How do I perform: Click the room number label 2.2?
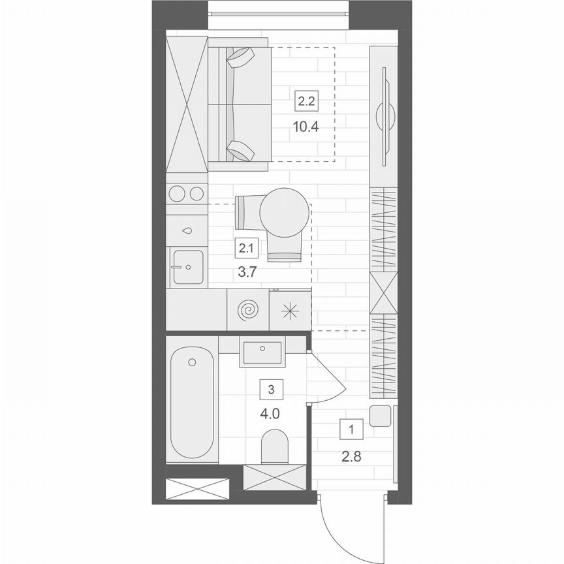[x=306, y=101]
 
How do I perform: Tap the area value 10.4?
[x=306, y=127]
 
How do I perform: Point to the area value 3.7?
[x=247, y=273]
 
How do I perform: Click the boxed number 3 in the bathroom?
[x=271, y=390]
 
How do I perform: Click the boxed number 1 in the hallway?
[x=352, y=430]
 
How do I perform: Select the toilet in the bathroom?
[x=274, y=446]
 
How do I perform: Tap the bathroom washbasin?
[x=262, y=352]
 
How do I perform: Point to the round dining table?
[x=284, y=212]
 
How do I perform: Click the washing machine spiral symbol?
[x=248, y=310]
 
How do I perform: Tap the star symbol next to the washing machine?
[x=290, y=311]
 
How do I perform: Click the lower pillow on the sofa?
[x=240, y=150]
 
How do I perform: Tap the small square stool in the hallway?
[x=380, y=416]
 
